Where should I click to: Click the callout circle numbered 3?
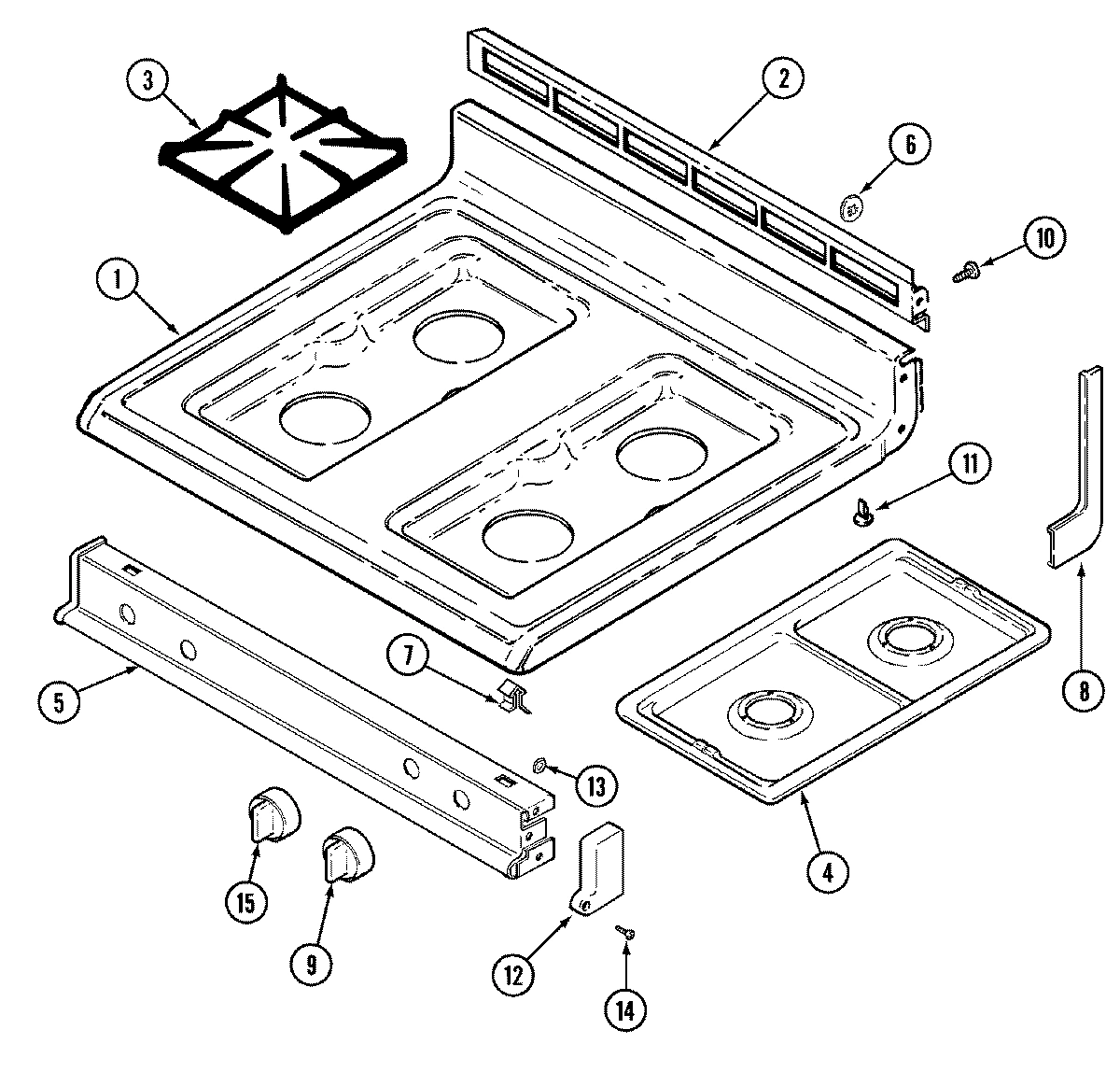(147, 81)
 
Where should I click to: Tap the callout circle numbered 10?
(1043, 238)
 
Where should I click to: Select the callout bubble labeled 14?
(624, 1009)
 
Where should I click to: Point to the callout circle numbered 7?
(408, 656)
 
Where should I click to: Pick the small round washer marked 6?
(851, 209)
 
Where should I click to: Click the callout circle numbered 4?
(829, 872)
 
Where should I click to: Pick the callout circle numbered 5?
(60, 701)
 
